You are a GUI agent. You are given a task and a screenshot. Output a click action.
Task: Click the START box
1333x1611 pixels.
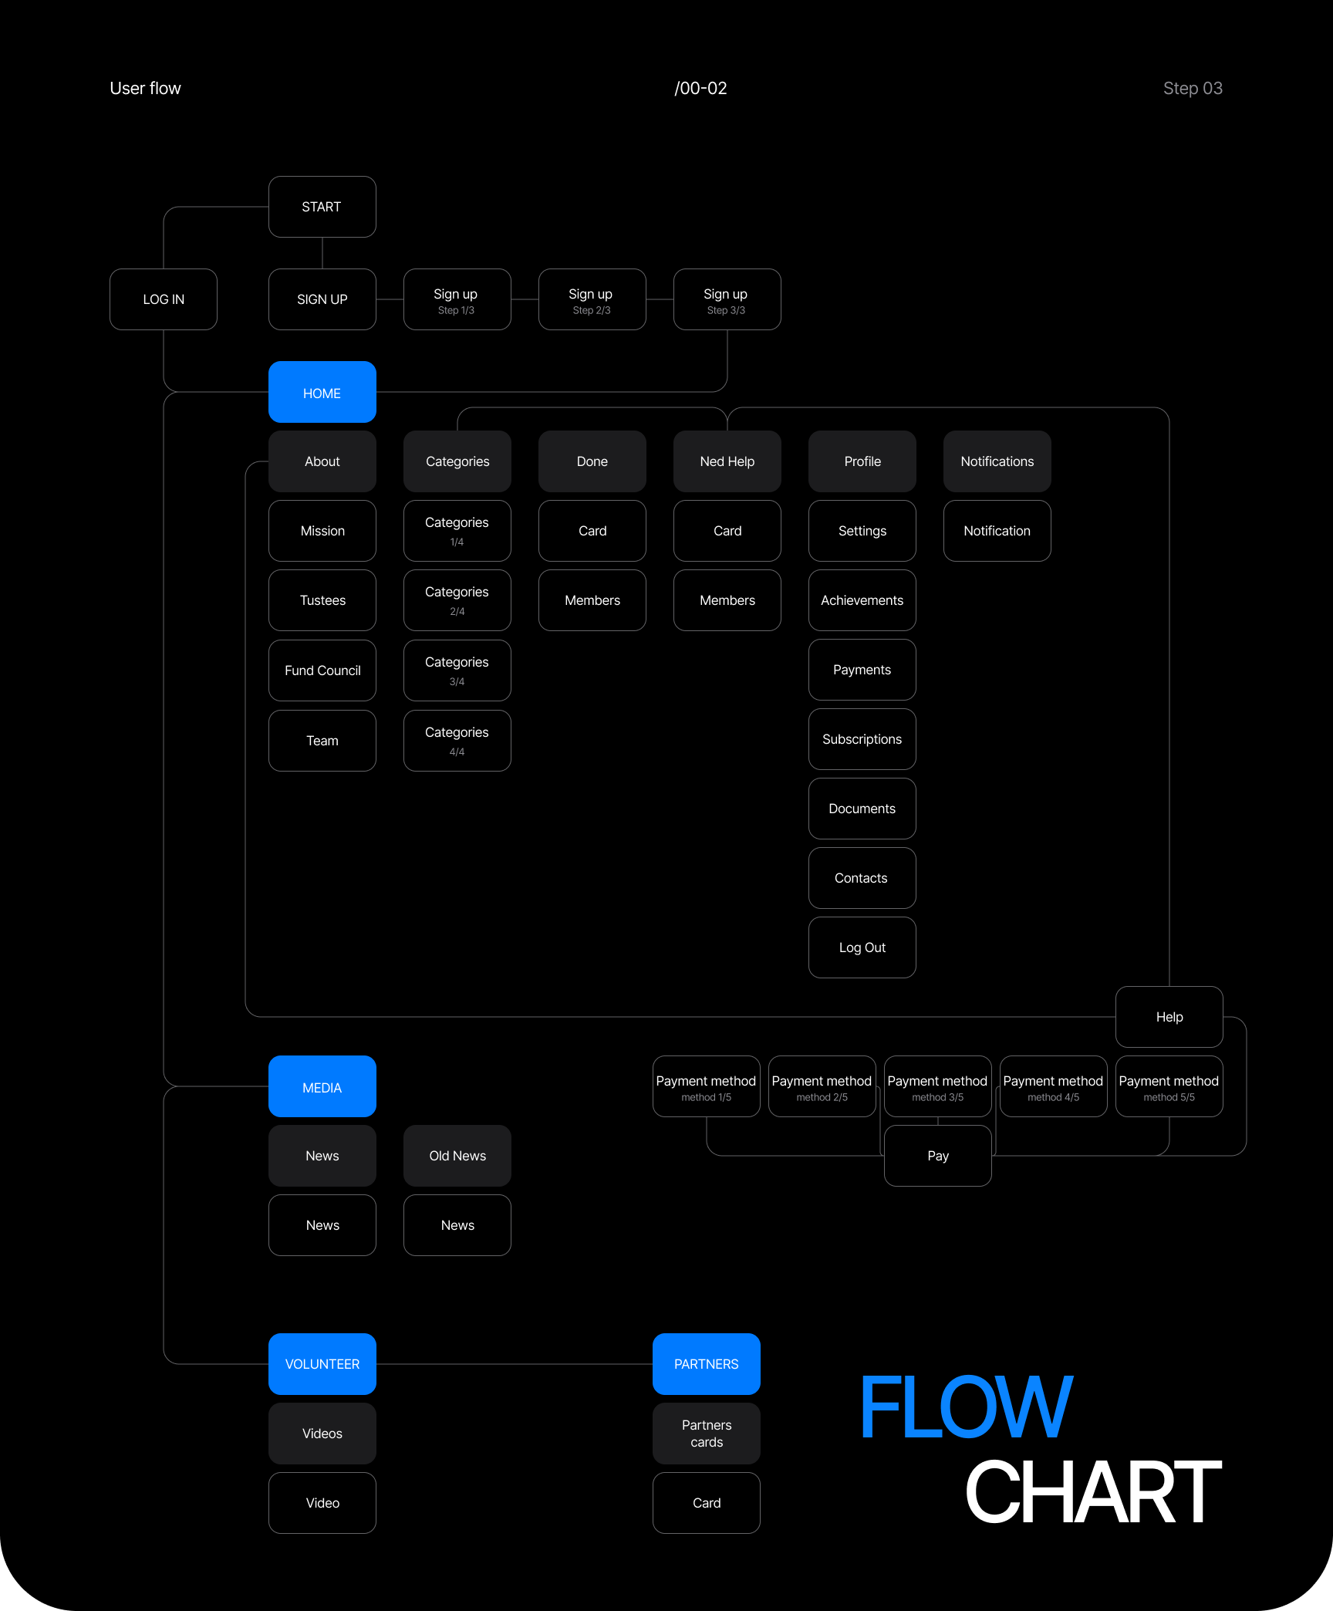click(322, 207)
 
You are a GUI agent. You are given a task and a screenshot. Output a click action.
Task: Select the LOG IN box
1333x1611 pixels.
click(164, 299)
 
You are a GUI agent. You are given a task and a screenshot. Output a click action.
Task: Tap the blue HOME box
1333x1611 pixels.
click(322, 393)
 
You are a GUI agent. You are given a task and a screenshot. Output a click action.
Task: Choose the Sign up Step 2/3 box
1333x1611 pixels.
click(592, 299)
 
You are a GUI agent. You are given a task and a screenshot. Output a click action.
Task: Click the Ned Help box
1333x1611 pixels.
click(727, 461)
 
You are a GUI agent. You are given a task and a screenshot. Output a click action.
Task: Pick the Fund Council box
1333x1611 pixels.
click(322, 670)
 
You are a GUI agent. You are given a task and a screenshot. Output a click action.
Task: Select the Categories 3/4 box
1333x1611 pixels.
click(457, 670)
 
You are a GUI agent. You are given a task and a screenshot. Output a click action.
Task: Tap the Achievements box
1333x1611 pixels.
click(862, 600)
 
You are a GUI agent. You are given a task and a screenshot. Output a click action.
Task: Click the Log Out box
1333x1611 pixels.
click(862, 947)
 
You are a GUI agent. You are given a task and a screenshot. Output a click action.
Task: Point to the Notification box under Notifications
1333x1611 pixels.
click(997, 531)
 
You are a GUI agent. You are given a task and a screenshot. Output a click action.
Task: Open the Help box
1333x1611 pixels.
click(1169, 1017)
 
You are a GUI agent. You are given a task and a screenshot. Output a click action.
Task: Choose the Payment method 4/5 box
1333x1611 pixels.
click(1053, 1086)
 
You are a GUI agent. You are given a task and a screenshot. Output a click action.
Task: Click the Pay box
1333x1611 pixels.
click(937, 1156)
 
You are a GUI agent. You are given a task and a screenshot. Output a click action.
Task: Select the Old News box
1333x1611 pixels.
click(457, 1156)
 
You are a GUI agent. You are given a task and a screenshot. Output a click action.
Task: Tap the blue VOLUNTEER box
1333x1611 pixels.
click(322, 1364)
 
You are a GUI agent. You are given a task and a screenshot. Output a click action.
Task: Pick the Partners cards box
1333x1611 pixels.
click(706, 1434)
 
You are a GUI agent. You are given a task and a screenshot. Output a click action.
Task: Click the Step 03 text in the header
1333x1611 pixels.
click(1192, 89)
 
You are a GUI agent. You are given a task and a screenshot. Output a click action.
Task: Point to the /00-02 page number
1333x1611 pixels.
click(700, 89)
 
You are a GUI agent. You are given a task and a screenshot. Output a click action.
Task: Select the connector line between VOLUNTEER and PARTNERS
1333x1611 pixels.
click(514, 1364)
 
